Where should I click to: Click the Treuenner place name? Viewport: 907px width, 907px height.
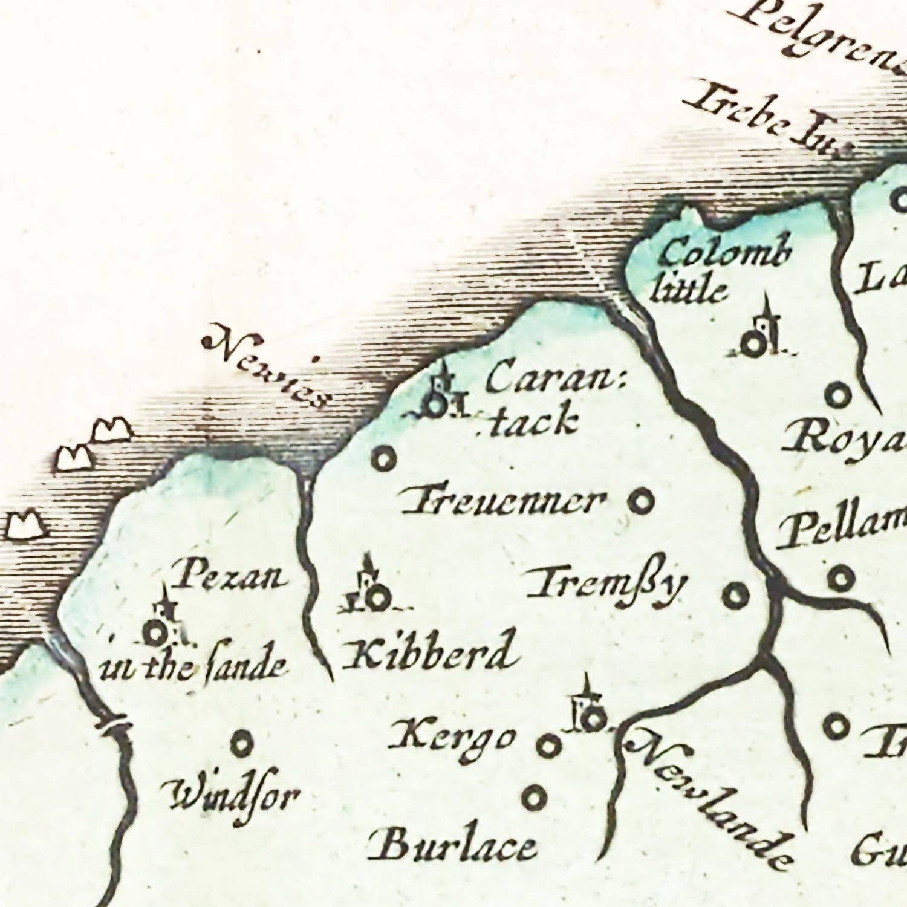[504, 502]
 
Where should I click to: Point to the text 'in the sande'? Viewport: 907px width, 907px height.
[192, 666]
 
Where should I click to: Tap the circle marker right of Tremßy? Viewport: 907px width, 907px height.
[735, 596]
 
